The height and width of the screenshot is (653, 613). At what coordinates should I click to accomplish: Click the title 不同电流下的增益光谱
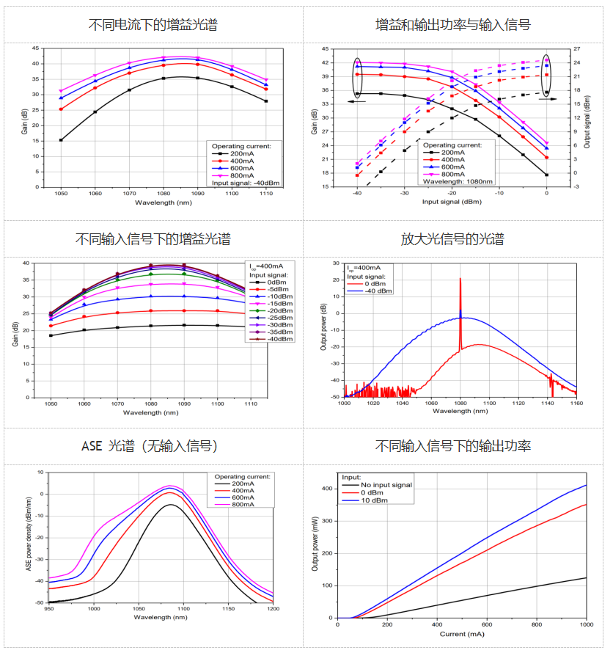pyautogui.click(x=153, y=25)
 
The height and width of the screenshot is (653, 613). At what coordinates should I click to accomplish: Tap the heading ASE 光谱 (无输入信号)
pyautogui.click(x=153, y=446)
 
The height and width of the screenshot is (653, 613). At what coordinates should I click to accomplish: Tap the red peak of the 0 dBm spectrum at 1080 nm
pyautogui.click(x=460, y=280)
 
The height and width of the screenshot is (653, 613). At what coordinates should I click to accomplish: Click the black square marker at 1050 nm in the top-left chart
pyautogui.click(x=61, y=139)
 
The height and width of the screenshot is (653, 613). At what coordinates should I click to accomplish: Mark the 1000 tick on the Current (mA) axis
pyautogui.click(x=585, y=624)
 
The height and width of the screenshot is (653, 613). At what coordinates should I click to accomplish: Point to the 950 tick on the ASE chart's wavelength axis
pyautogui.click(x=49, y=609)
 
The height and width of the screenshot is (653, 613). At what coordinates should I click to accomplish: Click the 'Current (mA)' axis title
pyautogui.click(x=462, y=633)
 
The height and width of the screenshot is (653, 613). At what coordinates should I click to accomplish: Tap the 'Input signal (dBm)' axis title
pyautogui.click(x=451, y=202)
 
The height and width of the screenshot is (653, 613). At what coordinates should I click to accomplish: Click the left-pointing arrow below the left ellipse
pyautogui.click(x=357, y=102)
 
